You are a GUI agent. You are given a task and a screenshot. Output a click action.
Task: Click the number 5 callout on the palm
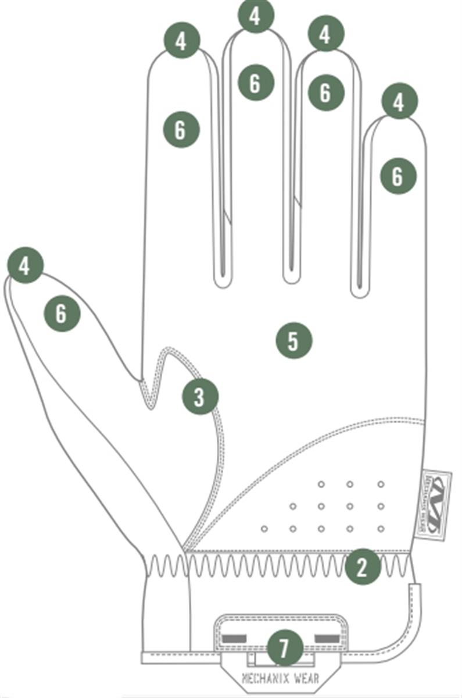[293, 341]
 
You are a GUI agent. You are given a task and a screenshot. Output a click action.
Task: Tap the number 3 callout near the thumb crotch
[200, 397]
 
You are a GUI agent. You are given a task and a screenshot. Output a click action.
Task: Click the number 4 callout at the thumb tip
[25, 266]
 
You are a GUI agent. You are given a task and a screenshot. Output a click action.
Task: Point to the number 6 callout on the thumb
[62, 314]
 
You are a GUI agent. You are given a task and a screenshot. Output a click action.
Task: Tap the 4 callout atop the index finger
[181, 41]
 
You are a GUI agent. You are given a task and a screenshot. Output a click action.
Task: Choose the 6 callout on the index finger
[181, 130]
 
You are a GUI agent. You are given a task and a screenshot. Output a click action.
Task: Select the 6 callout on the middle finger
[255, 83]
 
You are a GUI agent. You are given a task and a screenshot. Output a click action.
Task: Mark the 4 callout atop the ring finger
[325, 34]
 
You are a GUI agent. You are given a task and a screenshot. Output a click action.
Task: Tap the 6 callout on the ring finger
[325, 92]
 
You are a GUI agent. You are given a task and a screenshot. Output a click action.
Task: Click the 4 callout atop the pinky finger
[399, 102]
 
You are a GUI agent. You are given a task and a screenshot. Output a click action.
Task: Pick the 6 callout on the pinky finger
[398, 176]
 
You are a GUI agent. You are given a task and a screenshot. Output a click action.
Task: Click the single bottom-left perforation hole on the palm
[264, 529]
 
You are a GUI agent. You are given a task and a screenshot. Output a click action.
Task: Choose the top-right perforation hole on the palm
[381, 484]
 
